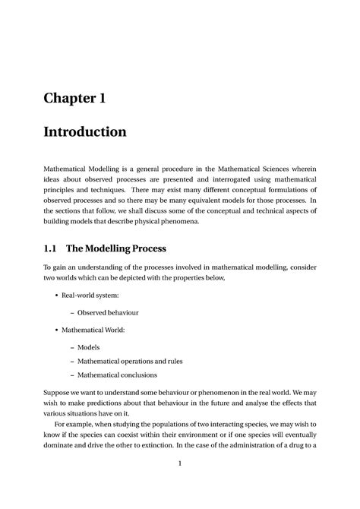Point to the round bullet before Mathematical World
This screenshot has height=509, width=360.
click(x=58, y=330)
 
